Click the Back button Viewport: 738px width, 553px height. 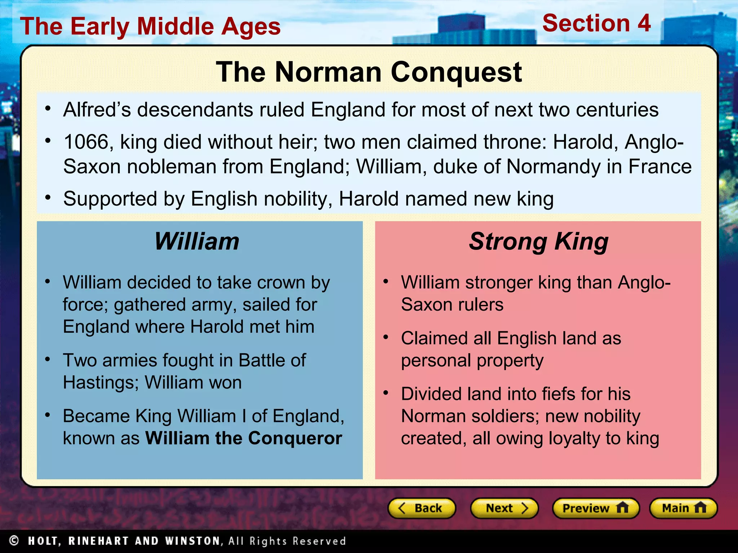pyautogui.click(x=421, y=508)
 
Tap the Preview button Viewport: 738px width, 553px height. pyautogui.click(x=595, y=508)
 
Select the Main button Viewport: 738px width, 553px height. pyautogui.click(x=683, y=508)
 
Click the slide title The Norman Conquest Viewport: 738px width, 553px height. pyautogui.click(x=369, y=72)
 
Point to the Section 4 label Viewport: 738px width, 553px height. pyautogui.click(x=596, y=23)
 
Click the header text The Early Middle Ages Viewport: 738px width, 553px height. pyautogui.click(x=150, y=27)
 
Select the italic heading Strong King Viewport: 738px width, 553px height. pyautogui.click(x=538, y=241)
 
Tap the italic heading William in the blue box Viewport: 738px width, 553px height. pyautogui.click(x=197, y=241)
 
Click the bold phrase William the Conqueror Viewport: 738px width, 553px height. pyautogui.click(x=244, y=438)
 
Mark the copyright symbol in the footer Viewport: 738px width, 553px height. pyautogui.click(x=14, y=541)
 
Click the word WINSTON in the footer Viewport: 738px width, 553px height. pyautogui.click(x=192, y=541)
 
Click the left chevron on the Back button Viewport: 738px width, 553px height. pyautogui.click(x=402, y=508)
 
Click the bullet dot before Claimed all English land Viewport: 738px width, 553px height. pyautogui.click(x=386, y=337)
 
